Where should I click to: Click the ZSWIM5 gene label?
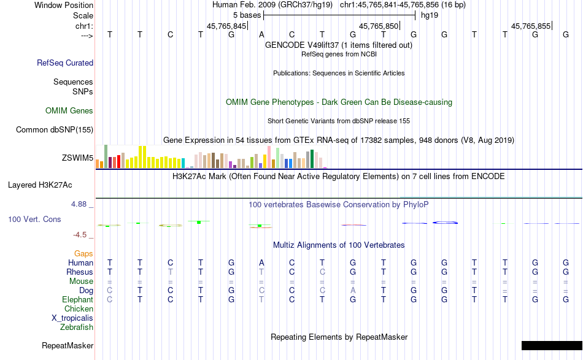[x=77, y=158]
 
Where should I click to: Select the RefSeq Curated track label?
[x=65, y=63]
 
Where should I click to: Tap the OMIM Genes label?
[x=69, y=111]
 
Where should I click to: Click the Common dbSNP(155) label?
[x=55, y=129]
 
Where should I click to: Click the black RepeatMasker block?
[x=552, y=345]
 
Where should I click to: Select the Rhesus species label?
[x=80, y=272]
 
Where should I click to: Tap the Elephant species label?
[x=77, y=300]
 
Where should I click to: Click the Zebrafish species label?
[x=77, y=327]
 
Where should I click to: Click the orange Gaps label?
[x=83, y=253]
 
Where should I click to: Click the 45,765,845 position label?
[x=226, y=26]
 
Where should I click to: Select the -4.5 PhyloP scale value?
[x=82, y=235]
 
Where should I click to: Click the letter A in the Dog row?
[x=353, y=290]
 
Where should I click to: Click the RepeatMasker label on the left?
[x=68, y=346]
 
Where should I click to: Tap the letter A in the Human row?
[x=261, y=262]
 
